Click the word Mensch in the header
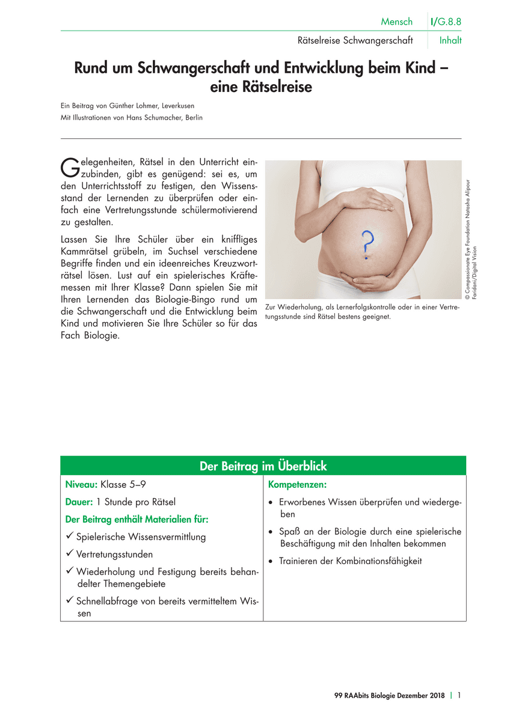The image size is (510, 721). tap(397, 22)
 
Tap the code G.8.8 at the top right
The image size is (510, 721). tap(450, 22)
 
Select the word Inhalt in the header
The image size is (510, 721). tap(450, 41)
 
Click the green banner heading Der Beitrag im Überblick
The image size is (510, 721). tap(263, 466)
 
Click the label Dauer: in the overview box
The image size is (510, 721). tap(79, 502)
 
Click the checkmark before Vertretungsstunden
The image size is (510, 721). tap(70, 554)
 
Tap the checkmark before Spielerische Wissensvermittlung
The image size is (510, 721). tap(70, 537)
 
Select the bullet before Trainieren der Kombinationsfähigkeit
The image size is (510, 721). tap(272, 561)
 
